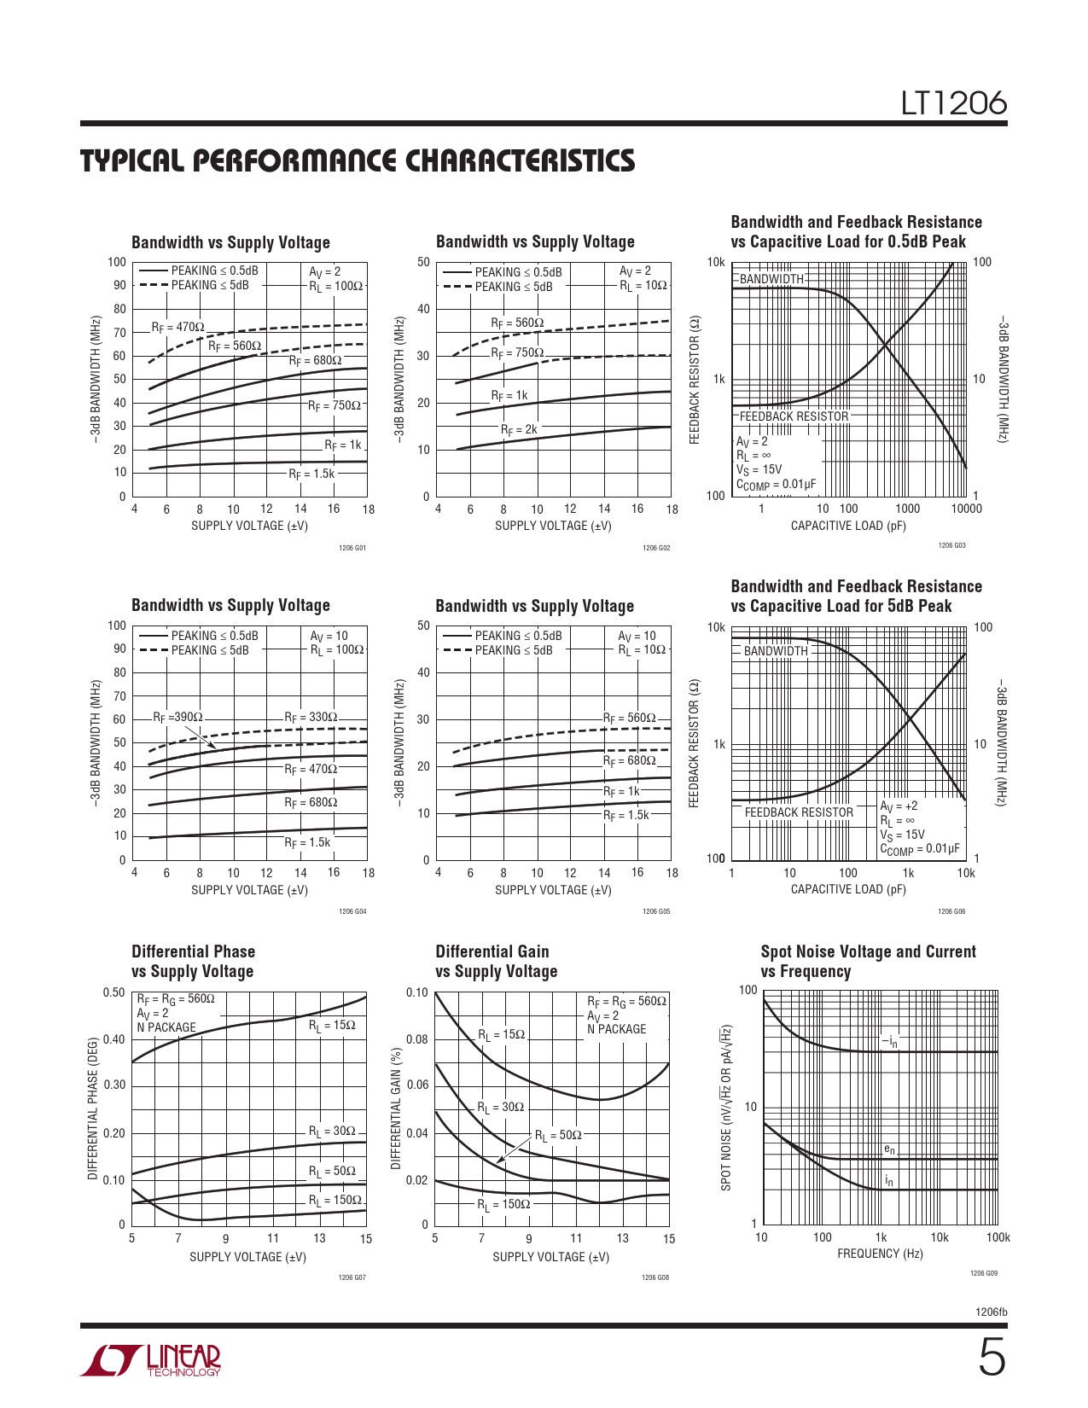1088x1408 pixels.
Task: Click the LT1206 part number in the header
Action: pos(954,103)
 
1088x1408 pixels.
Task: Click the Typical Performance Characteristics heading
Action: pos(358,161)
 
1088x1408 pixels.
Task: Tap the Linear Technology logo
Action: pos(151,1360)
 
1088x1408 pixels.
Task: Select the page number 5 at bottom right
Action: pos(991,1358)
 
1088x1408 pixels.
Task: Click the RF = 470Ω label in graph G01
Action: pos(178,327)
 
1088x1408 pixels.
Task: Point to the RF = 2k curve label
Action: pos(519,429)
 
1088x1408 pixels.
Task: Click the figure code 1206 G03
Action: pos(951,545)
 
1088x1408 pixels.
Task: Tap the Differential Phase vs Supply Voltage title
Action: pos(194,961)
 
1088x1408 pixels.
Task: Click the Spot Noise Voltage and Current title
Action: pos(868,961)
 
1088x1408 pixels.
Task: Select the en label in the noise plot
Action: pos(889,1149)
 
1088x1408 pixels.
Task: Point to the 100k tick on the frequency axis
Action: pos(998,1237)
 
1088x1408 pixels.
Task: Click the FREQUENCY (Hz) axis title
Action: pos(880,1254)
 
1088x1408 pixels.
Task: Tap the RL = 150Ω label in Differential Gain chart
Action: pos(503,1204)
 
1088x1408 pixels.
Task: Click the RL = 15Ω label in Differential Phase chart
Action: pos(332,1025)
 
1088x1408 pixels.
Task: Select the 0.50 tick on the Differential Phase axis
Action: pos(113,992)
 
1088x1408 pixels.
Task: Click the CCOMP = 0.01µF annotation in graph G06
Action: pos(920,849)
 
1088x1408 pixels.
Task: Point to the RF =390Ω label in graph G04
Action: pos(177,718)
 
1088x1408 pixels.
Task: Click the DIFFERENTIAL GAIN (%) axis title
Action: pos(396,1108)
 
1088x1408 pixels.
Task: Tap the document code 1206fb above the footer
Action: pos(991,1312)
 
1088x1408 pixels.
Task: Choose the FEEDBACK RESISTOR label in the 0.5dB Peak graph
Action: pos(794,416)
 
